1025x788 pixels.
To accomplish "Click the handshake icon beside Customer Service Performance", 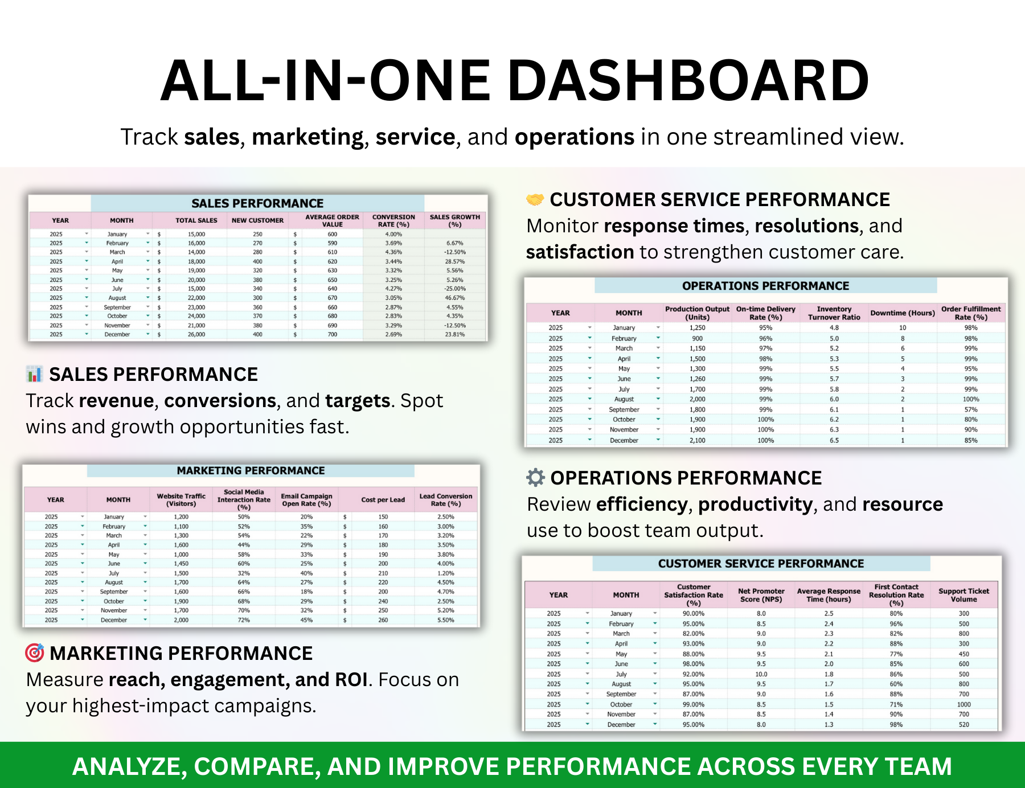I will click(535, 200).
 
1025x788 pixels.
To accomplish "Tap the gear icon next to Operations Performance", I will click(535, 478).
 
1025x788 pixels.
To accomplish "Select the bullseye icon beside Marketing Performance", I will click(35, 652).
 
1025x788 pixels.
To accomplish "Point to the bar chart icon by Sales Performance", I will click(35, 374).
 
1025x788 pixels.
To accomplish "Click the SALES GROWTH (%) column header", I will click(454, 220).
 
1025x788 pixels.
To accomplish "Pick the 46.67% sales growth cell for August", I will click(454, 298).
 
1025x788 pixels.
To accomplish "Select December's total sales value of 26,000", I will click(196, 335).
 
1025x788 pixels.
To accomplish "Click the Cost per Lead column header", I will click(383, 500).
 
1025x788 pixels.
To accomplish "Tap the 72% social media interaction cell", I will click(244, 620).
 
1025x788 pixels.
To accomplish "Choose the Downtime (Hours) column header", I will click(903, 313).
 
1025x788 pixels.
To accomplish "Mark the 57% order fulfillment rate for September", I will click(970, 409).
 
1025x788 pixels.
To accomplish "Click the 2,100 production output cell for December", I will click(697, 440).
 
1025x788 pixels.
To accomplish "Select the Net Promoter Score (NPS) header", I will click(761, 595).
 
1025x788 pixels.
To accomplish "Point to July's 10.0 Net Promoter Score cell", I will click(761, 674).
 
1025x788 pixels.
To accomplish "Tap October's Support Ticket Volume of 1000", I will click(963, 704).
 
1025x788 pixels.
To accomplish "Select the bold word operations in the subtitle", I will click(574, 137).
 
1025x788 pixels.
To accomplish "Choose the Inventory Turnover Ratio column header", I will click(834, 313).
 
